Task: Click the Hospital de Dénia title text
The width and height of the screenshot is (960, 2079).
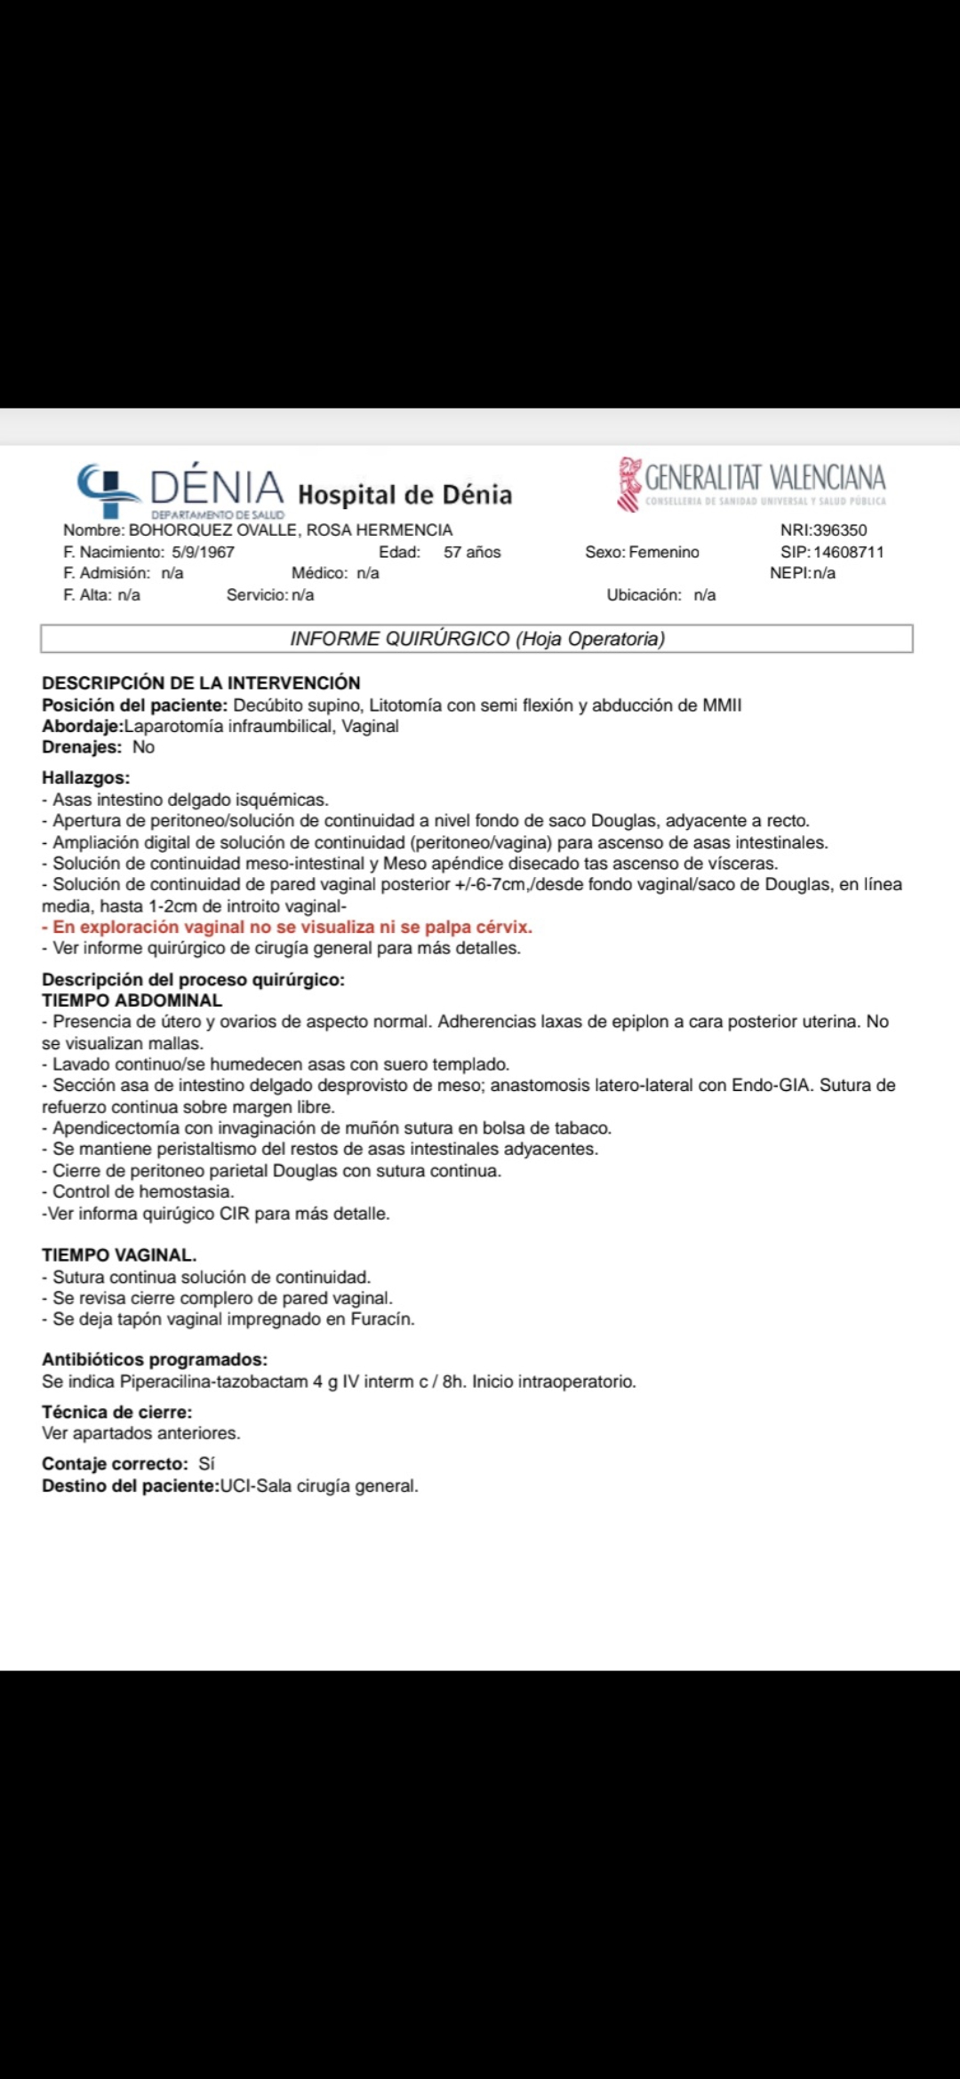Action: [x=404, y=494]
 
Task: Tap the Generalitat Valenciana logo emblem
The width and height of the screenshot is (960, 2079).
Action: [x=630, y=483]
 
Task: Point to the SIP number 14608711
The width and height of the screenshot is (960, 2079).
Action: [x=848, y=552]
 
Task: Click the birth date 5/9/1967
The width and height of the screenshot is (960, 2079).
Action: [x=203, y=552]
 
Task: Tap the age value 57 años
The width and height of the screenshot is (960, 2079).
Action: [x=472, y=552]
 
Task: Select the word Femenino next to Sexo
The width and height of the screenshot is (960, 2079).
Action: [x=663, y=552]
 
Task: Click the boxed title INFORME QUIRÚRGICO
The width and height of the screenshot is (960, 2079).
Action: [x=476, y=639]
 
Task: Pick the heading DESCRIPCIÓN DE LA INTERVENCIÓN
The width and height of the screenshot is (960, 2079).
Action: [x=201, y=683]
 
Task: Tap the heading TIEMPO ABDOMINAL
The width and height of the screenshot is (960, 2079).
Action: [x=132, y=1000]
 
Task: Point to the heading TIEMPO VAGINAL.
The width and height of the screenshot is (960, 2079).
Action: [x=119, y=1255]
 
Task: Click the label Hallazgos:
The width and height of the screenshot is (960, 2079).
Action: [x=85, y=777]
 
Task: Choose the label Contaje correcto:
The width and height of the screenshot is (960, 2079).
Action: [x=115, y=1463]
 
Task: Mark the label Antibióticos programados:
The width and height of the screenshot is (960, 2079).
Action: [x=154, y=1359]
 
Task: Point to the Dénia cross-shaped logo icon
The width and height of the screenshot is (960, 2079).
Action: [x=108, y=487]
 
